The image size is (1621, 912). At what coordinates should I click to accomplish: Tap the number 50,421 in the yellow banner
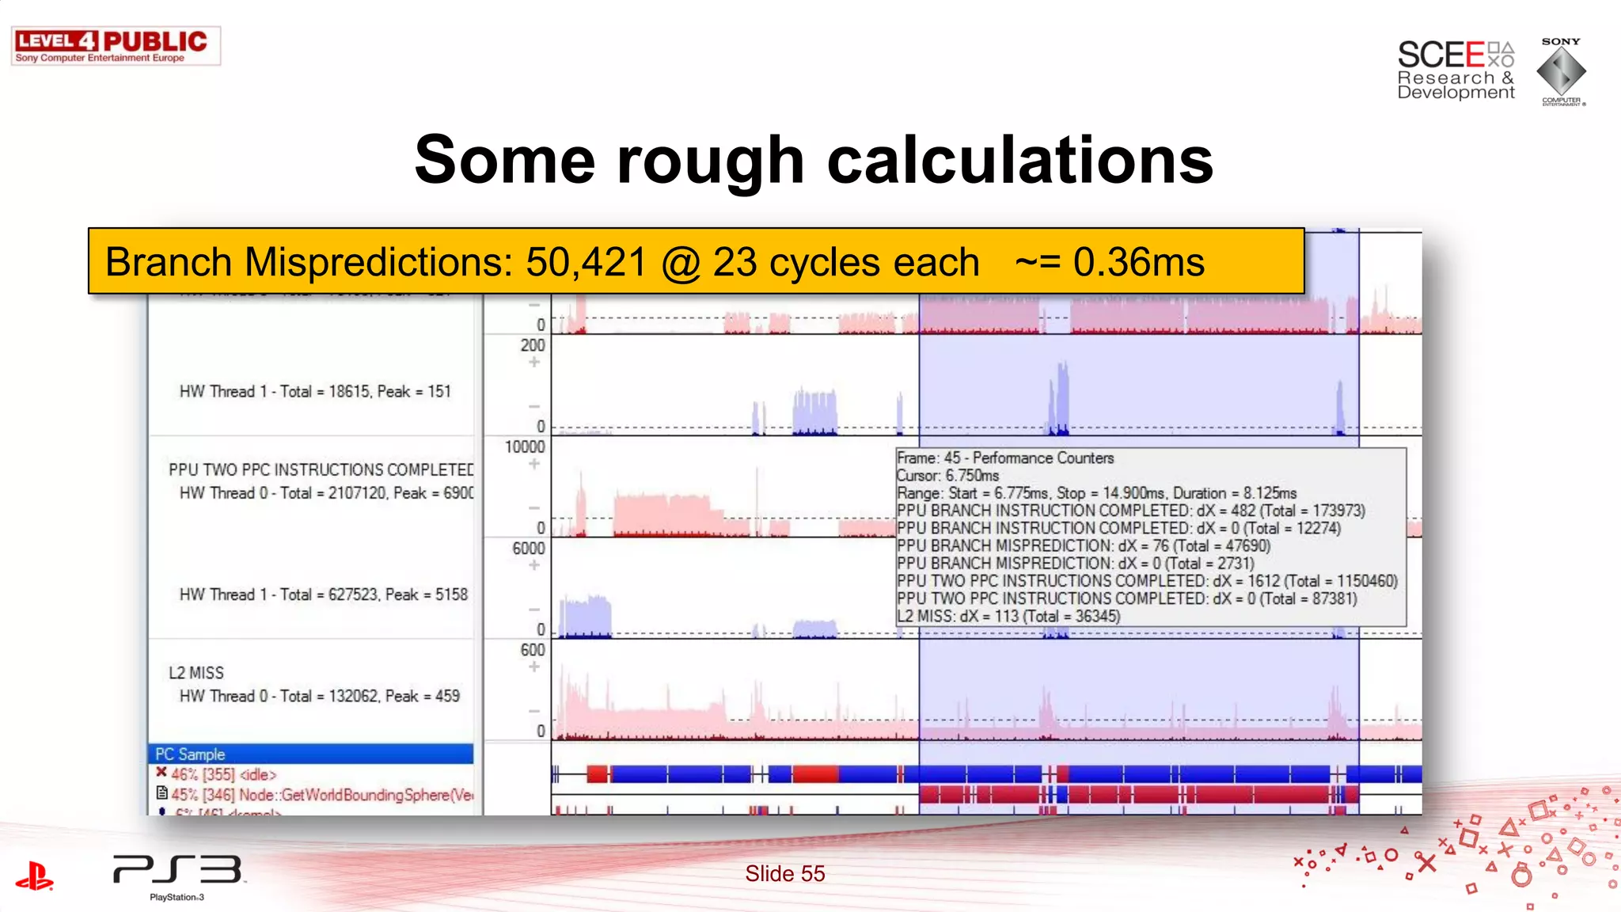coord(586,262)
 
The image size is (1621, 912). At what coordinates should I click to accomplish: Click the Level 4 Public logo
coord(116,46)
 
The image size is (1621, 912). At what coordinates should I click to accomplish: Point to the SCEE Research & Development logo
coord(1455,70)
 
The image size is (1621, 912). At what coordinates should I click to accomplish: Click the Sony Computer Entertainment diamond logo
coord(1561,71)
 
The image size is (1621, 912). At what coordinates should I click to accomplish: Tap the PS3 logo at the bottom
coord(177,871)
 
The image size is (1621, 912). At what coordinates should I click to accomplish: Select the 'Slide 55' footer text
coord(784,873)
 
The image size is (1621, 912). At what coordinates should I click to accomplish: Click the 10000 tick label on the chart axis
coord(525,447)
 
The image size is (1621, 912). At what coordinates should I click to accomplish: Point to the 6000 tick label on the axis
coord(528,549)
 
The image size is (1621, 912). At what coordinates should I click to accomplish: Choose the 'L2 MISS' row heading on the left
coord(196,673)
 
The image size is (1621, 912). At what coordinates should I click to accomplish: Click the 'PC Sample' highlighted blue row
coord(310,754)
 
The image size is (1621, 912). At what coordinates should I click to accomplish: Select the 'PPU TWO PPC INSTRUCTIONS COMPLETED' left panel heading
coord(321,469)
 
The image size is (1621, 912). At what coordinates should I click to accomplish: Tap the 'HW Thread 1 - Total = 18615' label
coord(315,391)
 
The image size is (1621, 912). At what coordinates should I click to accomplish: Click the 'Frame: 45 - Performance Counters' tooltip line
coord(1004,458)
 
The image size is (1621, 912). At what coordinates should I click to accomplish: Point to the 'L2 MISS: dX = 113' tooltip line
coord(1008,616)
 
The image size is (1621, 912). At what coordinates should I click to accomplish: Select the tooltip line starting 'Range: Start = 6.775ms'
coord(1096,493)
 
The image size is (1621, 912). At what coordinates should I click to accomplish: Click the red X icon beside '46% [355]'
coord(161,772)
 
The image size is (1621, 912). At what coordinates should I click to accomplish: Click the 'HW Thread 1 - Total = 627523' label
coord(323,595)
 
